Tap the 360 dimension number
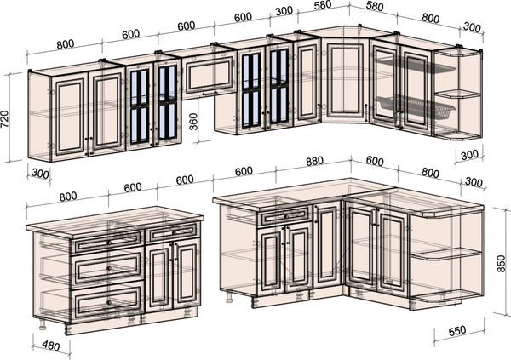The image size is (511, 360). point(193,123)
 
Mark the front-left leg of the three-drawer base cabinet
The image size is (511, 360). point(43,324)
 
